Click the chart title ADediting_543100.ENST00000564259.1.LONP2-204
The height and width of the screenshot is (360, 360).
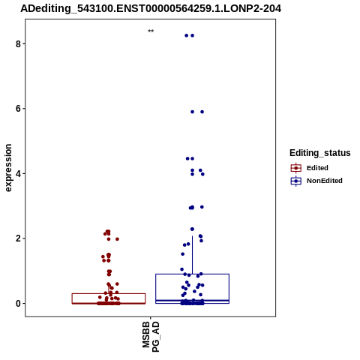(151, 9)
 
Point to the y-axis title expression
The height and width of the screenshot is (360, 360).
(8, 168)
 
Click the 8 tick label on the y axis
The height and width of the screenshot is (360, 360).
(18, 44)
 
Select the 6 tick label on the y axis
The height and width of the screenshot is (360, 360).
(18, 109)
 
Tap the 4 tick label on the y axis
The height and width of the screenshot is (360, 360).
(18, 174)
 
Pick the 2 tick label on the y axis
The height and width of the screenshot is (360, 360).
(18, 238)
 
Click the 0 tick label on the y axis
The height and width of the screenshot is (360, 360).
(18, 304)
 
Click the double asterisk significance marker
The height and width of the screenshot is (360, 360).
(151, 31)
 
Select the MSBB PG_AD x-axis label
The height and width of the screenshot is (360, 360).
(151, 337)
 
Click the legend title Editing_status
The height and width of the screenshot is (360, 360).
(320, 153)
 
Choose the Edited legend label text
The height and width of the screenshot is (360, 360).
(317, 168)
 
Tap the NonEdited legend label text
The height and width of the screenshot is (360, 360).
(325, 181)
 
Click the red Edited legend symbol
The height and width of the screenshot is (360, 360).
(296, 168)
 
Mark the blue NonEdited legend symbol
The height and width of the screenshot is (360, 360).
(296, 181)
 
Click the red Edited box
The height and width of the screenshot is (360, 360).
(109, 294)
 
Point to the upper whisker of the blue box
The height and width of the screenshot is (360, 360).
(192, 255)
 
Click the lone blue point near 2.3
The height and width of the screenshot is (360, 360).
(192, 229)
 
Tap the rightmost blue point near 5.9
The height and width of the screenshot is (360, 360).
(202, 112)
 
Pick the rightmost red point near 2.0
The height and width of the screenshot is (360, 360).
(117, 239)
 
